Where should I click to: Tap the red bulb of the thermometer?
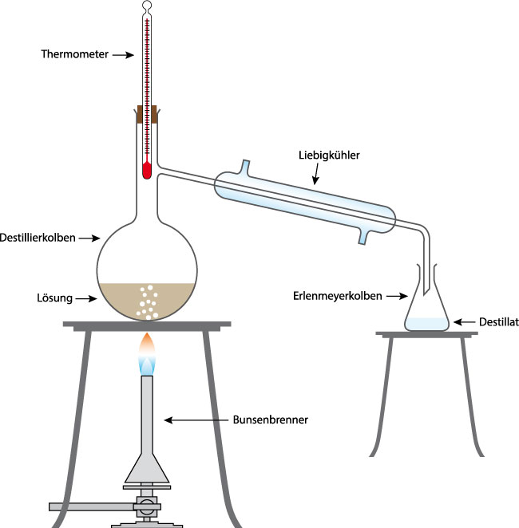coord(147,170)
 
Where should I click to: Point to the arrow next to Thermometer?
coord(121,54)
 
